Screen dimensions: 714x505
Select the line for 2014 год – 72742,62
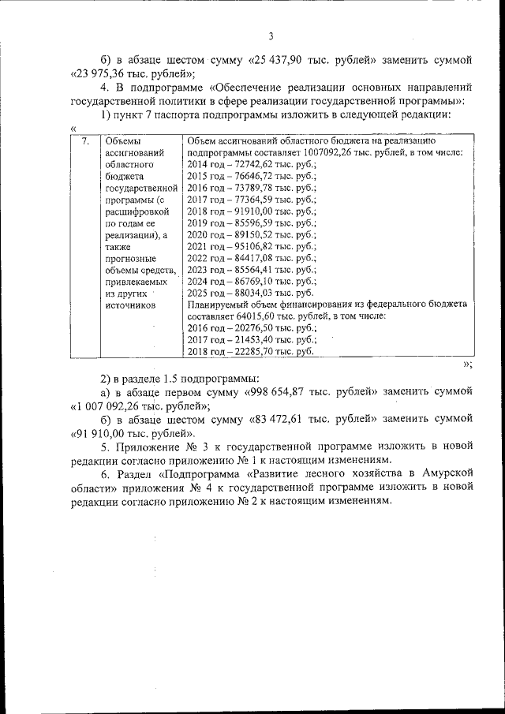pos(251,165)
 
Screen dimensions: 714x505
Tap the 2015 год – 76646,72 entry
pos(251,177)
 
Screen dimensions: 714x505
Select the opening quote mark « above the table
pos(73,129)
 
